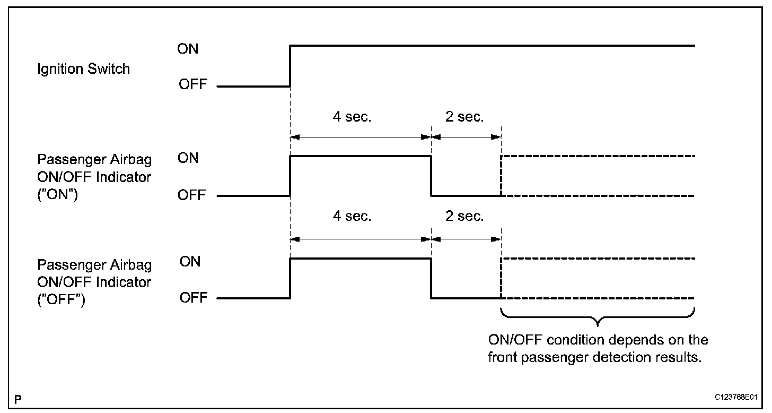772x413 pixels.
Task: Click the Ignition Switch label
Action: coord(83,69)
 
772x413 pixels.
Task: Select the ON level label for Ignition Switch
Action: coord(188,49)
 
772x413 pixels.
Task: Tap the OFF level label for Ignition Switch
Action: coord(192,84)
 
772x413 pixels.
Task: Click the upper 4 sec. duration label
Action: coord(352,117)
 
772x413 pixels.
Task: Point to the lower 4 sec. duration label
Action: coord(352,216)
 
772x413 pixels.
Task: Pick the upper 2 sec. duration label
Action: coord(464,117)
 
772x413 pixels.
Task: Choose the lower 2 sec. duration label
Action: coord(464,216)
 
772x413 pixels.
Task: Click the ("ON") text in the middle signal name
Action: coord(57,195)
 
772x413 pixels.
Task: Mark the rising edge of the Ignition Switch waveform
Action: coord(290,66)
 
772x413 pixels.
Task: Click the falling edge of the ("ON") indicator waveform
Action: coord(431,176)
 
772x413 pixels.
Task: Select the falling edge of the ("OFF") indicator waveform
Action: coord(431,278)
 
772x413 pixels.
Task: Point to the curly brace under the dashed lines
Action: coord(598,319)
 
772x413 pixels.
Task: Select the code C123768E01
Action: coord(735,398)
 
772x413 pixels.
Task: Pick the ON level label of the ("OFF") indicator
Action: coord(190,261)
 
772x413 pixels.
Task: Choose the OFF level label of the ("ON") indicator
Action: coord(192,195)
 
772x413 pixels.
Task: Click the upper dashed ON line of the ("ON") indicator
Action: coord(598,156)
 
